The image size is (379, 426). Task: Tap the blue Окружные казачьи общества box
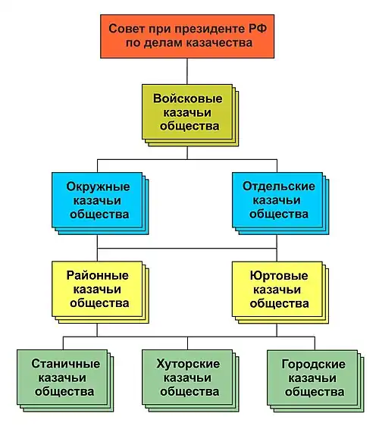click(x=98, y=200)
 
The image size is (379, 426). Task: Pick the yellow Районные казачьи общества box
click(x=98, y=289)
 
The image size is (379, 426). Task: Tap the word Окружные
click(x=98, y=186)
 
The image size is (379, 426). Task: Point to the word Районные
click(x=98, y=275)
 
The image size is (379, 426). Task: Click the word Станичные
click(x=63, y=364)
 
